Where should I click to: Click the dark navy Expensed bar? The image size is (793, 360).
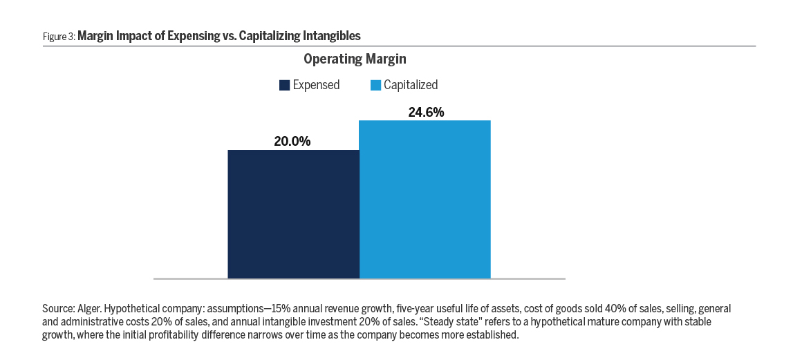coord(293,214)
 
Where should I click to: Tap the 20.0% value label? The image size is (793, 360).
coord(293,142)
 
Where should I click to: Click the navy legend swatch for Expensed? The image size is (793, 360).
coord(283,86)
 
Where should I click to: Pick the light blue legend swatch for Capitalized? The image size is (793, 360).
coord(375,86)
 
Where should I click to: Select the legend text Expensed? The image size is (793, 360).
coord(316,86)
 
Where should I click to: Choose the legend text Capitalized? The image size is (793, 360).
coord(411,86)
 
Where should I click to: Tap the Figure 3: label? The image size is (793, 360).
coord(58,35)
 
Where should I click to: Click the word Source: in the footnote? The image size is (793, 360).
coord(58,308)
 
